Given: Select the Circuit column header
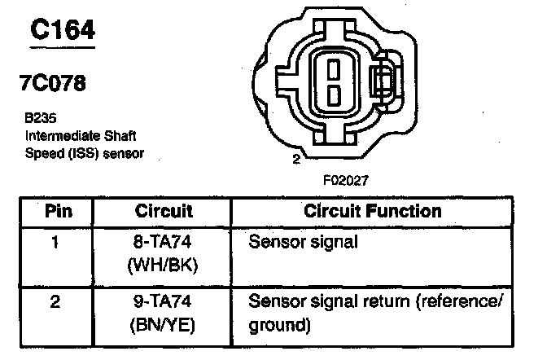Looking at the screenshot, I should (x=164, y=212).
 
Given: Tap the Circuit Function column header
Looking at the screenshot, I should (x=373, y=212).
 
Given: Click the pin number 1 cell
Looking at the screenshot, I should (x=55, y=243).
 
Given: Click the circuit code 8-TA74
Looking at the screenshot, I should (x=164, y=243).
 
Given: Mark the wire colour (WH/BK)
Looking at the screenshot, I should (x=164, y=265).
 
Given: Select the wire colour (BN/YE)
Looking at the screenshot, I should (x=164, y=325).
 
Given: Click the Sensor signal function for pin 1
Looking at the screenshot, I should (x=303, y=243).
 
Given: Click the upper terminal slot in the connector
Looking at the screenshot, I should (x=335, y=68).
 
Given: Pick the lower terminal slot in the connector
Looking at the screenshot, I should (x=335, y=94).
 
